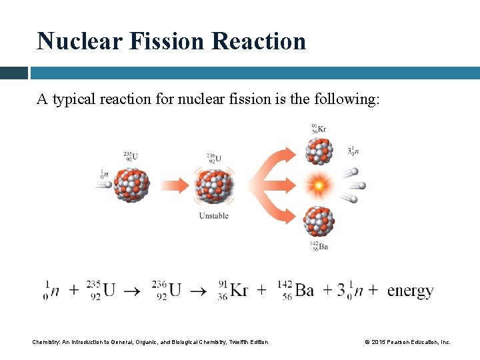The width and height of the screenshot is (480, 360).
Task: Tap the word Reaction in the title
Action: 259,41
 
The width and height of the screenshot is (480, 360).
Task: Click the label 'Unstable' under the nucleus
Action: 213,215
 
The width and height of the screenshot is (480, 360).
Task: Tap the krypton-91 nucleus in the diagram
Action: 319,151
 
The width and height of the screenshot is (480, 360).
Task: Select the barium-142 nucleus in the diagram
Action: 319,221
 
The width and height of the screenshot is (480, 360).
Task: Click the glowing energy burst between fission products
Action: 318,184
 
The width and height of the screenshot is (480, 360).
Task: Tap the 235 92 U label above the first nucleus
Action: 131,157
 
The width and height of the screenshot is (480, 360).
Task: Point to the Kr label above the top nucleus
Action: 319,129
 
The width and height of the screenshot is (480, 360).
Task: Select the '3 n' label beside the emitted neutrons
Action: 353,151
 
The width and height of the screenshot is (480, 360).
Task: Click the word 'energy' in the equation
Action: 410,291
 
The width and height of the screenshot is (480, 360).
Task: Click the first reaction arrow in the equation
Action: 133,291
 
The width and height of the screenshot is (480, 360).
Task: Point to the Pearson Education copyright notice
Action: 407,342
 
